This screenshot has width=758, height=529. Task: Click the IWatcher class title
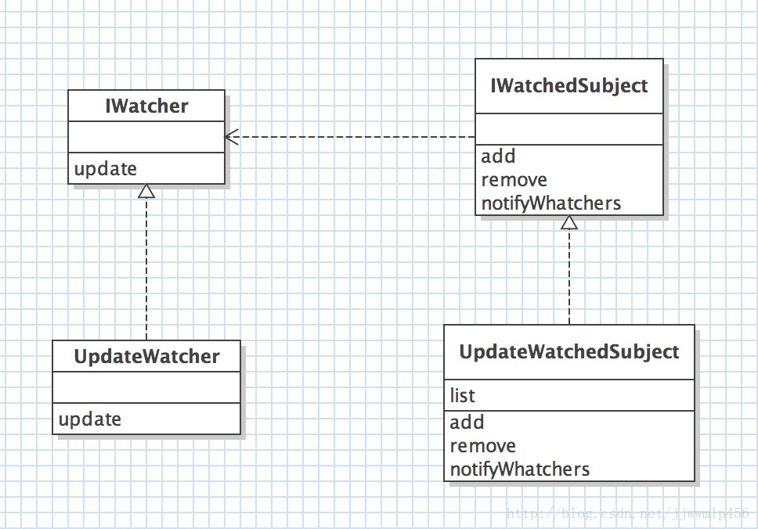point(146,106)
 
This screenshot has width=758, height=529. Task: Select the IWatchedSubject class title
point(569,86)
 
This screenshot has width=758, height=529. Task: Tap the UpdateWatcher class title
point(146,357)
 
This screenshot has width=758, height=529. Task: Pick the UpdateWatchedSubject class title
point(569,351)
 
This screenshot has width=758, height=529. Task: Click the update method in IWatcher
point(106,168)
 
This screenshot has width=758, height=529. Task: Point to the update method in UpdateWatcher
point(90,419)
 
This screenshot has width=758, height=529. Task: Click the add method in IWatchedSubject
point(498,156)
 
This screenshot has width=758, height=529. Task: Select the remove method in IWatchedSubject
point(514,180)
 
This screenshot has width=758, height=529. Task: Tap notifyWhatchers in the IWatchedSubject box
point(551,203)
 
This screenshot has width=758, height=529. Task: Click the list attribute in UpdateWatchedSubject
point(462,395)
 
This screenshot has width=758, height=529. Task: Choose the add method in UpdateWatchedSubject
point(467,423)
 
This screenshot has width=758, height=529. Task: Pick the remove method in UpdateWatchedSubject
point(483,446)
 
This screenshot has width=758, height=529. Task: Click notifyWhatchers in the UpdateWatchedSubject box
point(520,469)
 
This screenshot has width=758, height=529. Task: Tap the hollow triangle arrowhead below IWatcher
point(146,191)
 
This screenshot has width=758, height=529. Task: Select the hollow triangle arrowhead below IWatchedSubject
point(569,222)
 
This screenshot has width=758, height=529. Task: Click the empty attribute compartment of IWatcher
point(146,137)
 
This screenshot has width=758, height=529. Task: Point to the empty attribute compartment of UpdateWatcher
point(146,387)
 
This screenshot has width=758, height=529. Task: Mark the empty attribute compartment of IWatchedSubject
point(569,129)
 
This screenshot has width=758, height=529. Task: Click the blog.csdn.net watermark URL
point(627,513)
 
